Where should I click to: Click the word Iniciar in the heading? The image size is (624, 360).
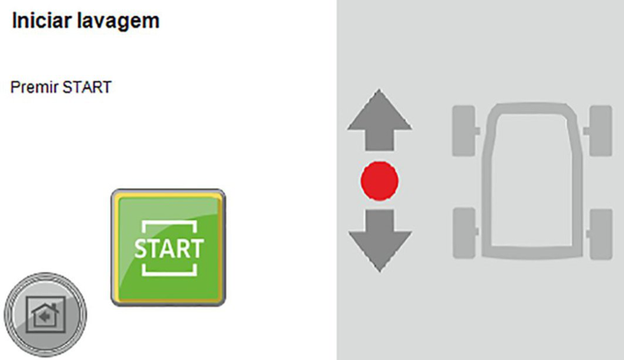click(x=41, y=20)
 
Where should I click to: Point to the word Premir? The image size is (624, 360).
click(x=33, y=87)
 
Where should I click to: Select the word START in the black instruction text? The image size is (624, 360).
click(x=87, y=87)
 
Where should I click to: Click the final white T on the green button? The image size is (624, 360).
click(x=196, y=248)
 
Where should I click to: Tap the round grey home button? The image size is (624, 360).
click(x=46, y=314)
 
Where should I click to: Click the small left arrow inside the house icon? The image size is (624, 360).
click(x=45, y=317)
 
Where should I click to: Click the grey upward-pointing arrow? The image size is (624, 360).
click(x=379, y=120)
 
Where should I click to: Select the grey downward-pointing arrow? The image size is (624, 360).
click(x=379, y=240)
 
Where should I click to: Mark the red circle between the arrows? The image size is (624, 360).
click(x=379, y=181)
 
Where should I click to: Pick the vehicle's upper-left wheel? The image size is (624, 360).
click(x=464, y=131)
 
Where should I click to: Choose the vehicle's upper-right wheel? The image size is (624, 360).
click(x=600, y=131)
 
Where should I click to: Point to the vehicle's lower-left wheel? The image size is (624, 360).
click(x=464, y=233)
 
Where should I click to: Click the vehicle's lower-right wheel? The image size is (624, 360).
click(x=601, y=234)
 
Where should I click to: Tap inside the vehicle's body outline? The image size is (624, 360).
click(x=532, y=179)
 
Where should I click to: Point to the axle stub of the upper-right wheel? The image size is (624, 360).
click(x=586, y=131)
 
